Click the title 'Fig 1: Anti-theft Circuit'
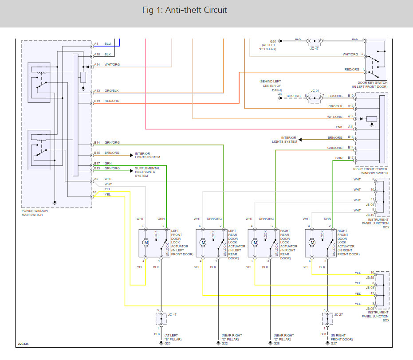click(x=185, y=10)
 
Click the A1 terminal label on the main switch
click(x=96, y=44)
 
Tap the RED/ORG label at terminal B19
click(x=112, y=101)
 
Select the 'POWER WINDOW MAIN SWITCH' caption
click(x=35, y=213)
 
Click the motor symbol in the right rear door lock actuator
click(x=255, y=243)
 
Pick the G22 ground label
click(x=224, y=343)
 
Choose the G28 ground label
click(x=277, y=343)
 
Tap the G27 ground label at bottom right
click(x=334, y=343)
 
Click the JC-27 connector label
click(x=338, y=314)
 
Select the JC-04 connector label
click(x=315, y=90)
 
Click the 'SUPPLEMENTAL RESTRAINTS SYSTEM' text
click(x=148, y=172)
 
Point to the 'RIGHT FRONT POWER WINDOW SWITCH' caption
click(x=370, y=171)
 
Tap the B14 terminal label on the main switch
click(x=97, y=143)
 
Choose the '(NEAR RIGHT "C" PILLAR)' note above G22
click(x=231, y=337)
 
